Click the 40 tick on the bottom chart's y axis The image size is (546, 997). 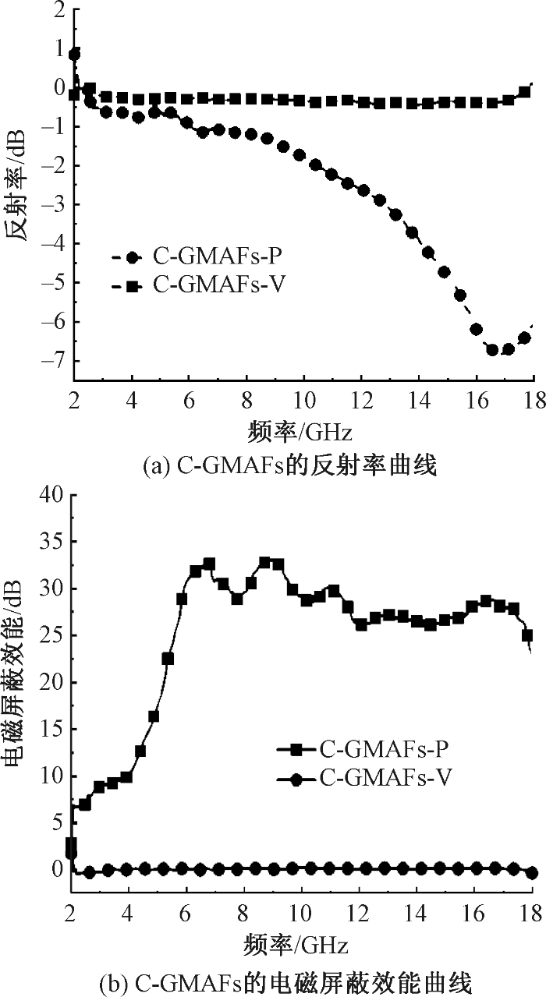point(50,495)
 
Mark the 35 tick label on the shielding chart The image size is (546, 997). point(50,542)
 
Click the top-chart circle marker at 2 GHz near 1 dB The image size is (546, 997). point(75,55)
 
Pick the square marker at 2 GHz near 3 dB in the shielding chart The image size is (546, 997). point(71,844)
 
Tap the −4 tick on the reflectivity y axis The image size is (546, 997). point(55,244)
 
